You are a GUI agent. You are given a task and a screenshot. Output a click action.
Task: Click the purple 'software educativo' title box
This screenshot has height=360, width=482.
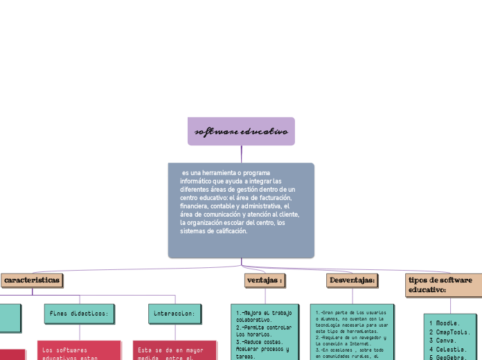pyautogui.click(x=241, y=132)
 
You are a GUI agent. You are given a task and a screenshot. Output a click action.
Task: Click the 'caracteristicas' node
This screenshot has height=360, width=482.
pyautogui.click(x=32, y=280)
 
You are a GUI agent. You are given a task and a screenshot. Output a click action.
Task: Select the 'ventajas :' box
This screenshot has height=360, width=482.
pyautogui.click(x=265, y=280)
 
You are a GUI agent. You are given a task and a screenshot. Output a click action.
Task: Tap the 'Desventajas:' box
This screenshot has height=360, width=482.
pyautogui.click(x=352, y=280)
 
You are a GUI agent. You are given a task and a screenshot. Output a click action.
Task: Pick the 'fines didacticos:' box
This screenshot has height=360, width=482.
pyautogui.click(x=79, y=314)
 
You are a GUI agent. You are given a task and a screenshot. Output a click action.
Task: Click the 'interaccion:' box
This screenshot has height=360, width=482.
pyautogui.click(x=175, y=314)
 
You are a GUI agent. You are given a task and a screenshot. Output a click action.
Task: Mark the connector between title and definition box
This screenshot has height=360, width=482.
pyautogui.click(x=241, y=154)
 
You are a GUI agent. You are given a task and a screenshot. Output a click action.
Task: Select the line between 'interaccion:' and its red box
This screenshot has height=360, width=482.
pyautogui.click(x=175, y=332)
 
